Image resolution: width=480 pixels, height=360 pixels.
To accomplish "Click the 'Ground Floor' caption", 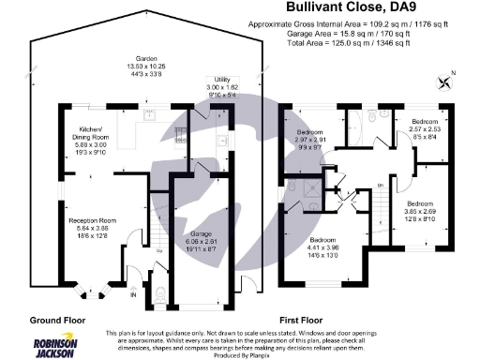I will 60,319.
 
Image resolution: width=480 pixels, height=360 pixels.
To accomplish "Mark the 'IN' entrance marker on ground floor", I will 132,295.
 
